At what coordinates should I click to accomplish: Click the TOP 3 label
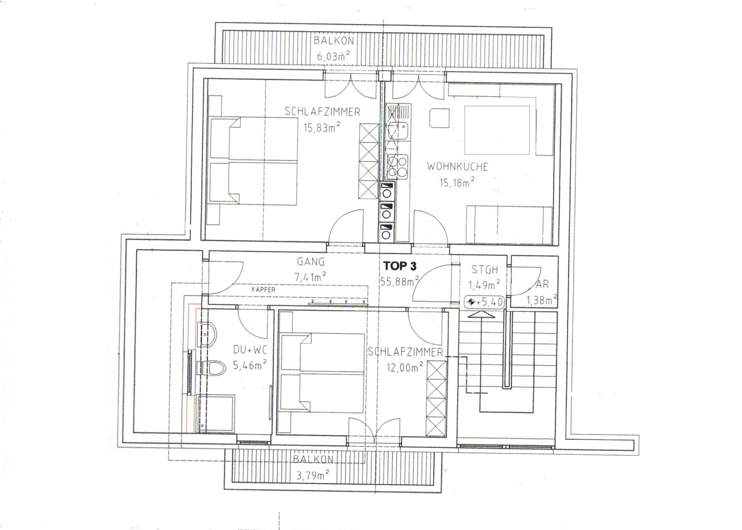(x=400, y=266)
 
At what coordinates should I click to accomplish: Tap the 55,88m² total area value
(x=400, y=281)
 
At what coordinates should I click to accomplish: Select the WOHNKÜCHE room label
(x=457, y=166)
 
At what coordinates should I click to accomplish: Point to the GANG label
(x=311, y=261)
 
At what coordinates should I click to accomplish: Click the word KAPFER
(x=263, y=290)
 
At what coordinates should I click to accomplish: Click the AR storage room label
(x=542, y=284)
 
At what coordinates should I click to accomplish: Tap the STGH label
(x=484, y=269)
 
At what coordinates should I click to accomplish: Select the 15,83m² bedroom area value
(x=322, y=127)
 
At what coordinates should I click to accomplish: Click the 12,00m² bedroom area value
(x=405, y=368)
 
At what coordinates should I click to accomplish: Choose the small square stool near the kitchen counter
(x=439, y=117)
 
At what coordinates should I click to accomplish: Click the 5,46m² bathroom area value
(x=250, y=365)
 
